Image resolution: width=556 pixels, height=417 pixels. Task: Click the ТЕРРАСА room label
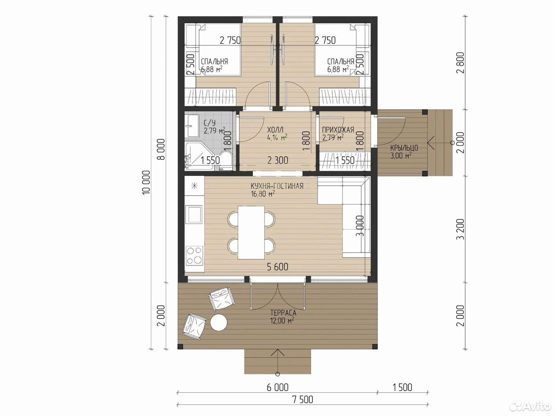(283, 313)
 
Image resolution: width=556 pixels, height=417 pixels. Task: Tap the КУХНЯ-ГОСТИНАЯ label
(277, 186)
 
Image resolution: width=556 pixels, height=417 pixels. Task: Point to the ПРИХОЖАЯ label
(338, 130)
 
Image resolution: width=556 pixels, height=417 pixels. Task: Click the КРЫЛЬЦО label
(404, 148)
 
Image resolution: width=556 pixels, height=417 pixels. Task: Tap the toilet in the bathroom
(225, 160)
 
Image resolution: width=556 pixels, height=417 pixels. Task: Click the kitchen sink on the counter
(194, 215)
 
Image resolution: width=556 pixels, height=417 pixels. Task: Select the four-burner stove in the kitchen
(195, 255)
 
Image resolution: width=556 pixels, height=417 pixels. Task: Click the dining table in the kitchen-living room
(251, 232)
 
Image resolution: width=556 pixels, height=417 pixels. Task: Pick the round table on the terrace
(219, 322)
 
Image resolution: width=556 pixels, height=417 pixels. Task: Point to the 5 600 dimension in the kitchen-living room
(278, 267)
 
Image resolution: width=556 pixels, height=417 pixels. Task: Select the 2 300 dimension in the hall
(278, 160)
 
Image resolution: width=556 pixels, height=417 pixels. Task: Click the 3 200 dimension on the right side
(461, 229)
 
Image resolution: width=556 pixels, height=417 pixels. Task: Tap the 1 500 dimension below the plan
(402, 387)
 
